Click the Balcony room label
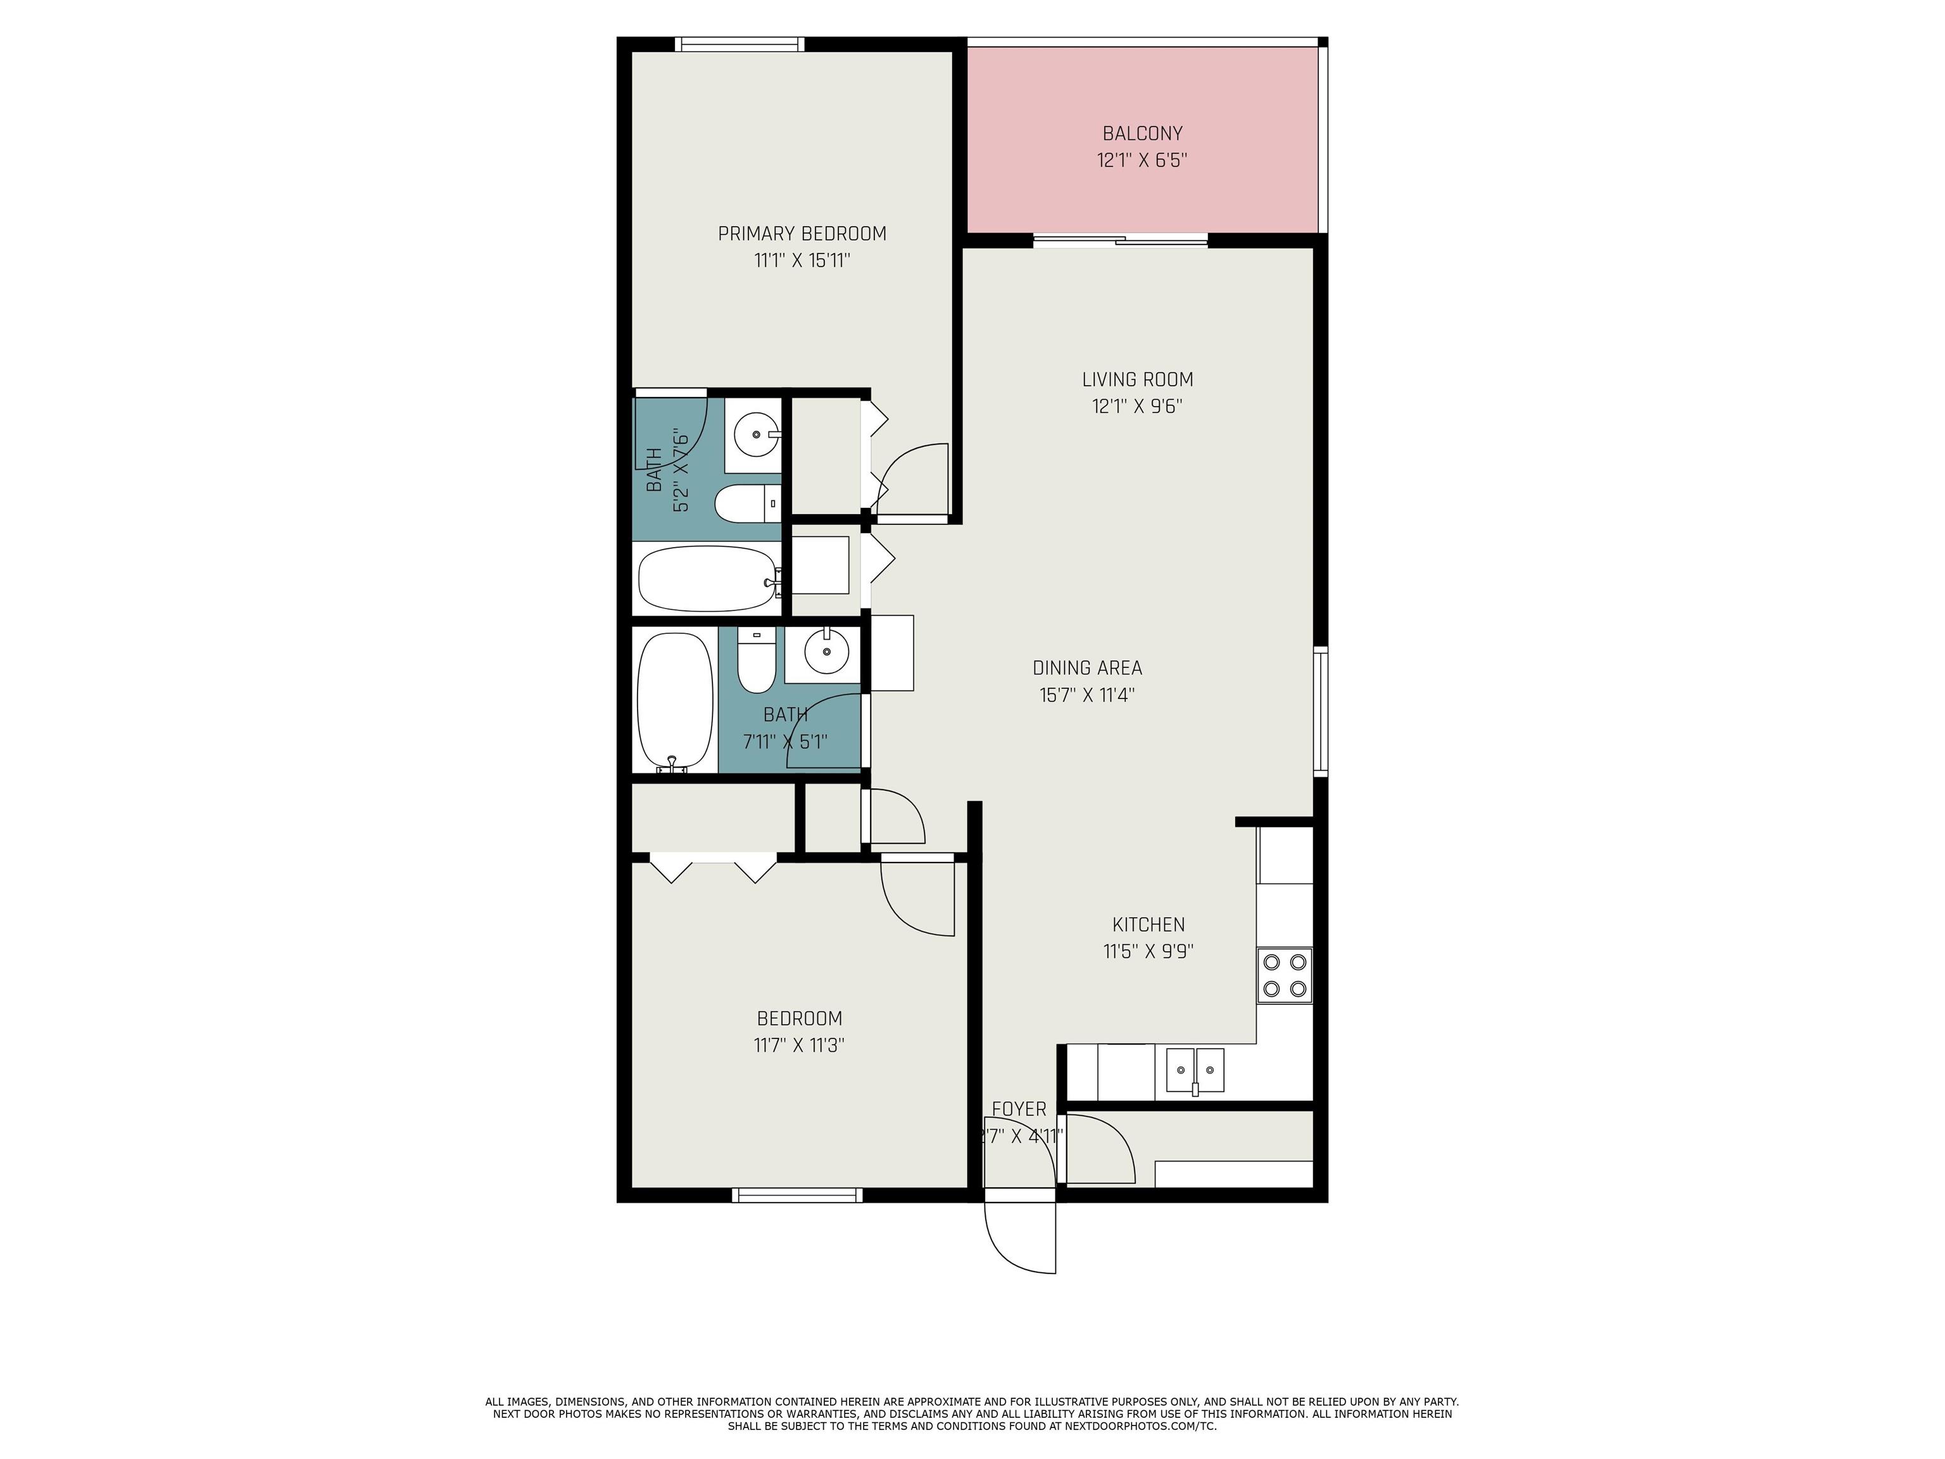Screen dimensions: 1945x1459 coord(1142,134)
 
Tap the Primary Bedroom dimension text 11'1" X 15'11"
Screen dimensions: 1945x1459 coord(802,260)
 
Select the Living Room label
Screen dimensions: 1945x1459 coord(1137,379)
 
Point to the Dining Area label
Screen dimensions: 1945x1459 coord(1087,667)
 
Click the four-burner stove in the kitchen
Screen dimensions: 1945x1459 coord(1284,975)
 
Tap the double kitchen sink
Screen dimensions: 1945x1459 coord(1195,1070)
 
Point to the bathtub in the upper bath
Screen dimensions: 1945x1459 coord(708,579)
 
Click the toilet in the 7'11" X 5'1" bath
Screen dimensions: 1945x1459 coord(756,660)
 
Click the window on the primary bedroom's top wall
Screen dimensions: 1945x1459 coord(740,44)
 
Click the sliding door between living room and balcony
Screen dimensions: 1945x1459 coord(1120,240)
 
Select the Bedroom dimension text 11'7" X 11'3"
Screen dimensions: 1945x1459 coord(799,1045)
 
